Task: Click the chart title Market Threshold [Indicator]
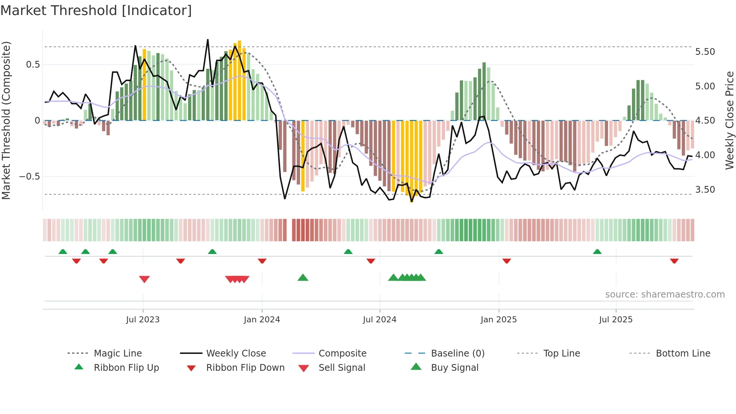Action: [x=96, y=11]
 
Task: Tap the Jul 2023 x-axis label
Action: [x=143, y=320]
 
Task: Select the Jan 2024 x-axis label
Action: [x=262, y=320]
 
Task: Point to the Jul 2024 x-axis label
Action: [x=380, y=320]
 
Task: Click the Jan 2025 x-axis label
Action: [x=499, y=320]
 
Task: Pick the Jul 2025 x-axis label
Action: [x=616, y=320]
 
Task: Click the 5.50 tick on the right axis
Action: [x=705, y=52]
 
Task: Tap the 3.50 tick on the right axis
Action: [x=705, y=190]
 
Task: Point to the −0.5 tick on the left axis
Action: [x=30, y=177]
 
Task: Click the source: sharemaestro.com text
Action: [x=665, y=295]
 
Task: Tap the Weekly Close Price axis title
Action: [x=729, y=120]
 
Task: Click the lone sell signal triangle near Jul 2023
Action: [x=144, y=279]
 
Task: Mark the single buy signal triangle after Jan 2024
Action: [x=303, y=278]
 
